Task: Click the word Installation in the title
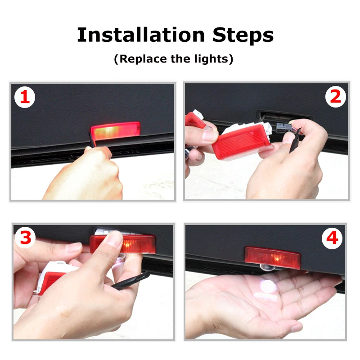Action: tap(141, 35)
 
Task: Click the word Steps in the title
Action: tap(243, 35)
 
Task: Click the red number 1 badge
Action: tap(25, 97)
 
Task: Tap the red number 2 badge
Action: tap(335, 97)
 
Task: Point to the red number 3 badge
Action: tap(26, 238)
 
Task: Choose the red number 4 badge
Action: tap(332, 238)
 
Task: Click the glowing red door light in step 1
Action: tap(115, 130)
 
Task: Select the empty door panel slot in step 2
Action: tap(285, 115)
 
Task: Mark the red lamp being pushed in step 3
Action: tap(122, 244)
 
